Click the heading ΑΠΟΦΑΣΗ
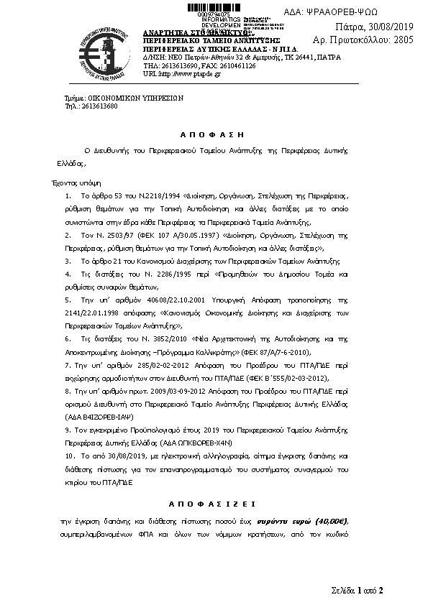(212, 134)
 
